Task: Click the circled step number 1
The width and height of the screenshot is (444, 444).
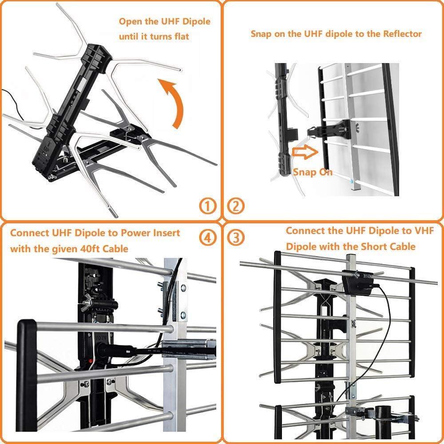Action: point(207,206)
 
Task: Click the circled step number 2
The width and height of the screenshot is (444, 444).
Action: point(236,206)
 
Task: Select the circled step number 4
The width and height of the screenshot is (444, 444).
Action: point(206,238)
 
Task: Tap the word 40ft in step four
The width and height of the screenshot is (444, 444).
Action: point(88,249)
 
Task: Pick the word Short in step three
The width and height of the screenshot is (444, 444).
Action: point(373,246)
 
